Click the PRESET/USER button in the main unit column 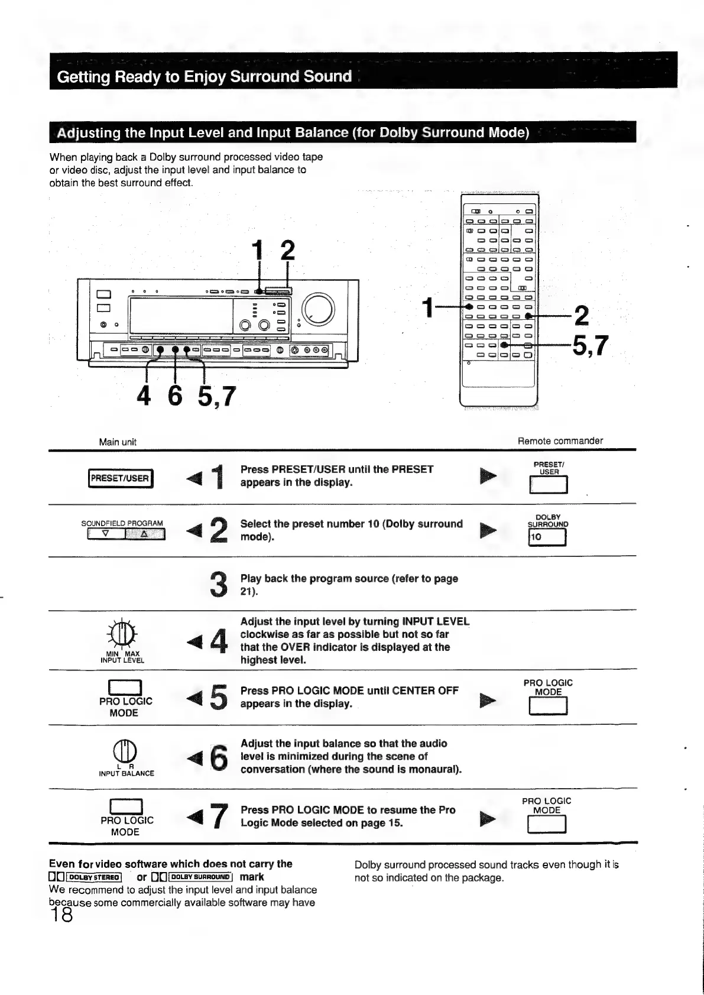tap(120, 478)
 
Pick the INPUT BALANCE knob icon tap(125, 753)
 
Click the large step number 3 tap(218, 583)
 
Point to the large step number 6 tap(218, 757)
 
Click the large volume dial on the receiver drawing tap(318, 309)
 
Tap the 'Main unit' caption tap(118, 442)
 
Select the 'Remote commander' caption tap(560, 440)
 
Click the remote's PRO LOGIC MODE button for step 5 tap(548, 706)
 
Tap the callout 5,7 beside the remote tap(589, 345)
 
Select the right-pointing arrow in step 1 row tap(488, 475)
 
